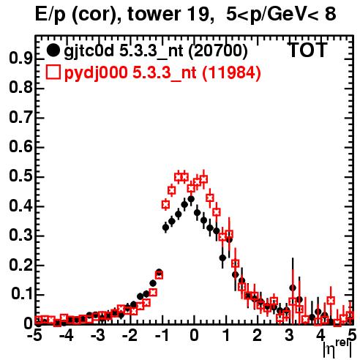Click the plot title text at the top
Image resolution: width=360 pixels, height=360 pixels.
point(186,14)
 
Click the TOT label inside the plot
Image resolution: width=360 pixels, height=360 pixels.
point(308,50)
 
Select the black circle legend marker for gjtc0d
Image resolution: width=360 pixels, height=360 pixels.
point(53,50)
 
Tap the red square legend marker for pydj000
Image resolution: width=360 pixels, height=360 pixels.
point(53,72)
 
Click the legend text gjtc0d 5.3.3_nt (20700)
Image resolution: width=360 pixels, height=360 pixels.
point(156,51)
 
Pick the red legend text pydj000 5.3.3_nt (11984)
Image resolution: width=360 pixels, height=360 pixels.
point(162,73)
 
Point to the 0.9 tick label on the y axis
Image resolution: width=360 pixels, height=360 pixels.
point(20,59)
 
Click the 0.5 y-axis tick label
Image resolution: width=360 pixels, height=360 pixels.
point(20,176)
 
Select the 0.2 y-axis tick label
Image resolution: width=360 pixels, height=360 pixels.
point(20,265)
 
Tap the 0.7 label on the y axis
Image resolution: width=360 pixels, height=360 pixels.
point(20,117)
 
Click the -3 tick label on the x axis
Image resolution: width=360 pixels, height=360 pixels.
point(98,336)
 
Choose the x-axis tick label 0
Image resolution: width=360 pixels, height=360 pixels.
point(194,336)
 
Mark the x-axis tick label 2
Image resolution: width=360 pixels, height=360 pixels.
point(258,336)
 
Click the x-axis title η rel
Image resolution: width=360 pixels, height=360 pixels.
point(337,348)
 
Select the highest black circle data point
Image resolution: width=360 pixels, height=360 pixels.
point(191,199)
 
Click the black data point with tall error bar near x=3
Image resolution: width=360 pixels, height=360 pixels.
point(293,288)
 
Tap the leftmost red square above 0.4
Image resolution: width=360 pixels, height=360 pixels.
point(165,205)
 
